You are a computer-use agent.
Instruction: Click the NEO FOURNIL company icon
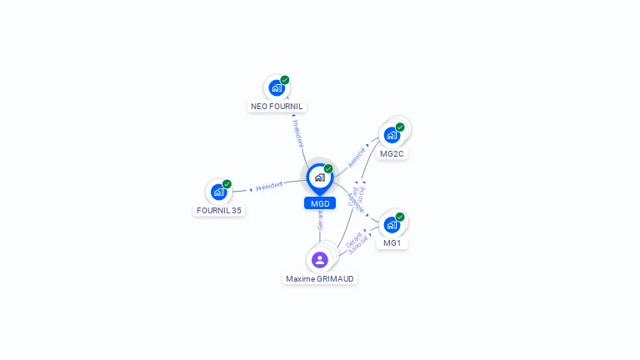pos(276,87)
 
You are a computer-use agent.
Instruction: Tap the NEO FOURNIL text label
pos(277,107)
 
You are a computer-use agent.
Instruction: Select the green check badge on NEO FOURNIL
pos(285,80)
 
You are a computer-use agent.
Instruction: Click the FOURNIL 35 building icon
pos(218,192)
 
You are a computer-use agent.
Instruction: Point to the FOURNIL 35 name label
pos(219,211)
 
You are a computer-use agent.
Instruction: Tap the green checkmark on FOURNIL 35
pos(227,184)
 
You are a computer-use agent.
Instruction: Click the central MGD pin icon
pos(319,177)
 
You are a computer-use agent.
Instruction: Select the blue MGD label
pos(320,203)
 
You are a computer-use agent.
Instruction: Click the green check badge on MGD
pos(328,168)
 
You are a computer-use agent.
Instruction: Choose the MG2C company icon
pos(392,135)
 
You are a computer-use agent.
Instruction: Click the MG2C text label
pos(392,154)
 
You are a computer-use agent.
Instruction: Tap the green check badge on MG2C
pos(400,127)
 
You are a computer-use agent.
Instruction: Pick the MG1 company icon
pos(392,224)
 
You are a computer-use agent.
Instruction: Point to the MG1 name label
pos(392,243)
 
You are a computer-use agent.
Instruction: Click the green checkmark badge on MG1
pos(400,217)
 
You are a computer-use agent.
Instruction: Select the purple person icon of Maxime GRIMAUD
pos(320,260)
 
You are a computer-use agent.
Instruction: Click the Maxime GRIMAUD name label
pos(320,279)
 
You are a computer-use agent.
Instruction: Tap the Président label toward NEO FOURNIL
pos(298,133)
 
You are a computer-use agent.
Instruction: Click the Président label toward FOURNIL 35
pos(269,186)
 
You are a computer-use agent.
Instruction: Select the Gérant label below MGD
pos(320,219)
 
